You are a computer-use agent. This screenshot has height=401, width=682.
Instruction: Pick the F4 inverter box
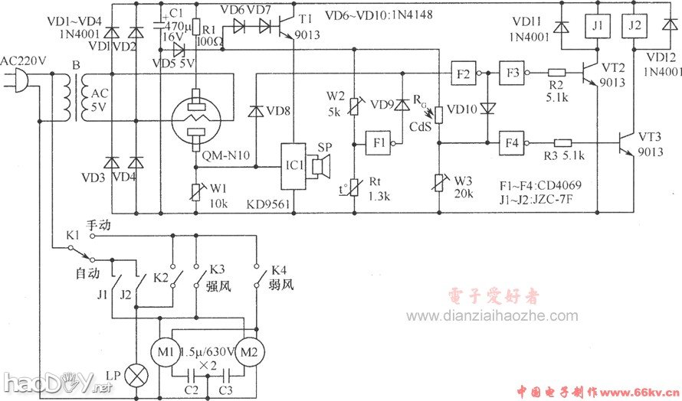coord(510,142)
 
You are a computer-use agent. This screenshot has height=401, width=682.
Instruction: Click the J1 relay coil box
coord(598,26)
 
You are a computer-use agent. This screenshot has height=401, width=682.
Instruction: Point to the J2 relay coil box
coord(633,26)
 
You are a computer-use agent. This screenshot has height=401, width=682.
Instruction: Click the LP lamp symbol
coord(136,377)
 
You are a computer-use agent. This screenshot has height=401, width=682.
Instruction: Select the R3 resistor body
coord(563,142)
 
